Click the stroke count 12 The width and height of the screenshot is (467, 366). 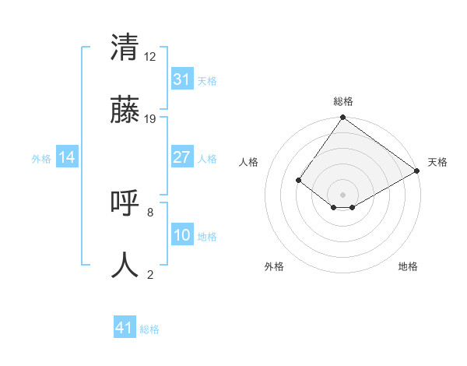151,56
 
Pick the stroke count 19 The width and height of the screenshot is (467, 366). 151,118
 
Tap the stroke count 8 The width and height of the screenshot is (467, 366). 150,212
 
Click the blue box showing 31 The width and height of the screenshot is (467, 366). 181,79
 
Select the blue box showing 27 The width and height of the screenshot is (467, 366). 181,157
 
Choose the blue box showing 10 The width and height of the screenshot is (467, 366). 181,235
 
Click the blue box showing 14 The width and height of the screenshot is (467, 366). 67,157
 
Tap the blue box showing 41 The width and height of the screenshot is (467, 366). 125,329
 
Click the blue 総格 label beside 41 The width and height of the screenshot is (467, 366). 149,329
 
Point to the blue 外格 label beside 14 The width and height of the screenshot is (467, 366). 41,158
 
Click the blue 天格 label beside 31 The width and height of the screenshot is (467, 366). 206,80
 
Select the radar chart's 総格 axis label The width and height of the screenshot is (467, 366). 342,101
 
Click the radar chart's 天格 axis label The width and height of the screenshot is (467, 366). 437,162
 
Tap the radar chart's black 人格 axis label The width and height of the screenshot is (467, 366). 249,162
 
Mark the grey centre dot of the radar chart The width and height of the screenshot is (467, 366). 342,194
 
